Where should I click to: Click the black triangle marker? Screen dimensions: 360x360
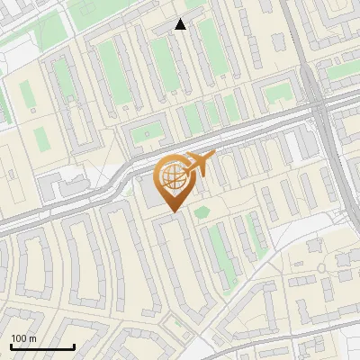181,24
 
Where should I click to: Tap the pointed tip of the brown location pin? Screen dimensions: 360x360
172,211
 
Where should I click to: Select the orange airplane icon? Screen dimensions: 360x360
199,165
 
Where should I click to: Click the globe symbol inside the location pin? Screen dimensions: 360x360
172,177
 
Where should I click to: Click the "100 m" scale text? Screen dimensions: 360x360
23,338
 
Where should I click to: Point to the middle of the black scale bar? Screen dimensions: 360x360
42,346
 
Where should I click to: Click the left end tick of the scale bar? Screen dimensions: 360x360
11,346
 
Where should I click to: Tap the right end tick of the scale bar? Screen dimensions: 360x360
74,346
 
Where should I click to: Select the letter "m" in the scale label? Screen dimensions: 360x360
32,338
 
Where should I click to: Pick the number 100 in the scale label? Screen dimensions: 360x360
19,338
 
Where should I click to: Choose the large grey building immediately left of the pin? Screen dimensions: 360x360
146,192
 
